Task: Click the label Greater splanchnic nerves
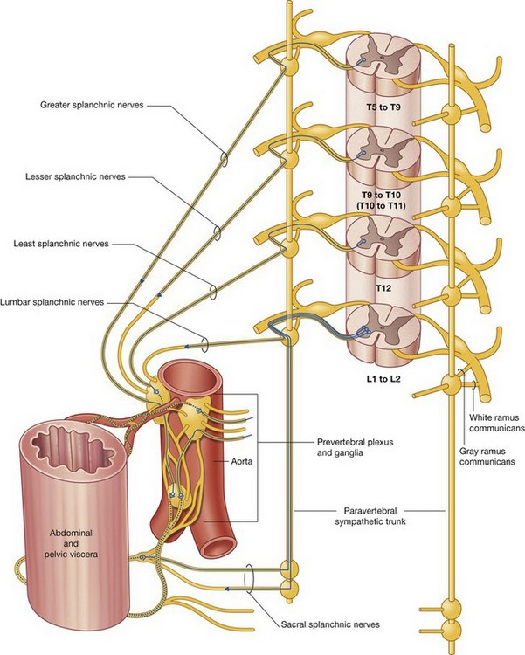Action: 92,106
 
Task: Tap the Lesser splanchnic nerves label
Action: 77,176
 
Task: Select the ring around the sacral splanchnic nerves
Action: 252,577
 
